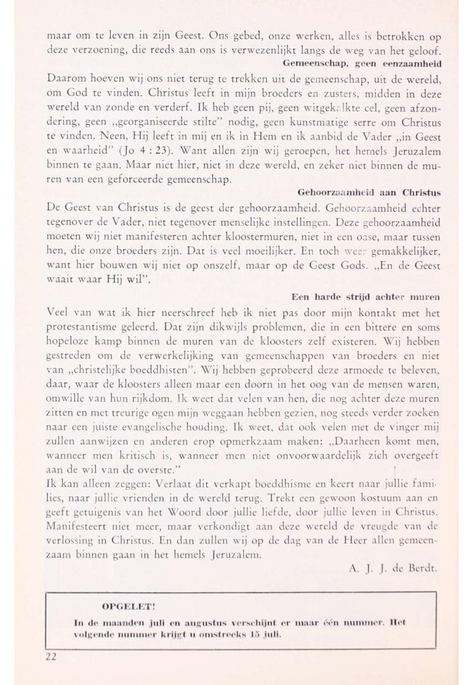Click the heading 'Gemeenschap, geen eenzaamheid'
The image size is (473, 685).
coord(364,65)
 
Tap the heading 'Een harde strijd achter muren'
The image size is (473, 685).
coord(368,297)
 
